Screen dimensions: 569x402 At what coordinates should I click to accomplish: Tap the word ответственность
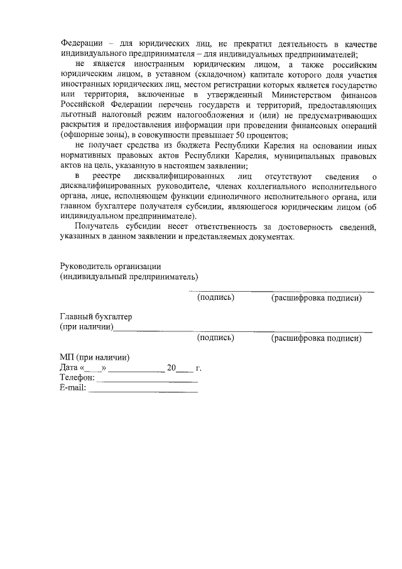click(212, 228)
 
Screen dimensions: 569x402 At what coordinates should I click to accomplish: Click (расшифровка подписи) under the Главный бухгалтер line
click(316, 338)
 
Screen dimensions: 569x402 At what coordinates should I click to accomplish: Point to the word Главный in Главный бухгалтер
click(75, 316)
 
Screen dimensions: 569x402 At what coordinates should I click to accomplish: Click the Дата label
click(68, 367)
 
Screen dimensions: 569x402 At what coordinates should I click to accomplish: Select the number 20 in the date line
click(171, 367)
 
